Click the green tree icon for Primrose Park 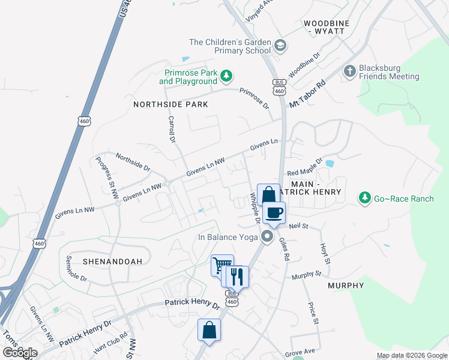tap(226, 76)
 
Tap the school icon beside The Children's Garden tap(280, 46)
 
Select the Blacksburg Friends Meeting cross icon tap(350, 71)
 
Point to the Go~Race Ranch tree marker tap(364, 197)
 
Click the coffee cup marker tap(274, 213)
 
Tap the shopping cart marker tap(221, 265)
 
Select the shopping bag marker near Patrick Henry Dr tap(209, 330)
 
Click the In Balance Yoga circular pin tap(267, 237)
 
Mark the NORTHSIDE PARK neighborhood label tap(170, 104)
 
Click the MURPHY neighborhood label tap(346, 286)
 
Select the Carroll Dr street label tap(171, 129)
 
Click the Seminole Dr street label tap(76, 271)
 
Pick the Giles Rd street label tap(284, 249)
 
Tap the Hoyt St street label tap(325, 253)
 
